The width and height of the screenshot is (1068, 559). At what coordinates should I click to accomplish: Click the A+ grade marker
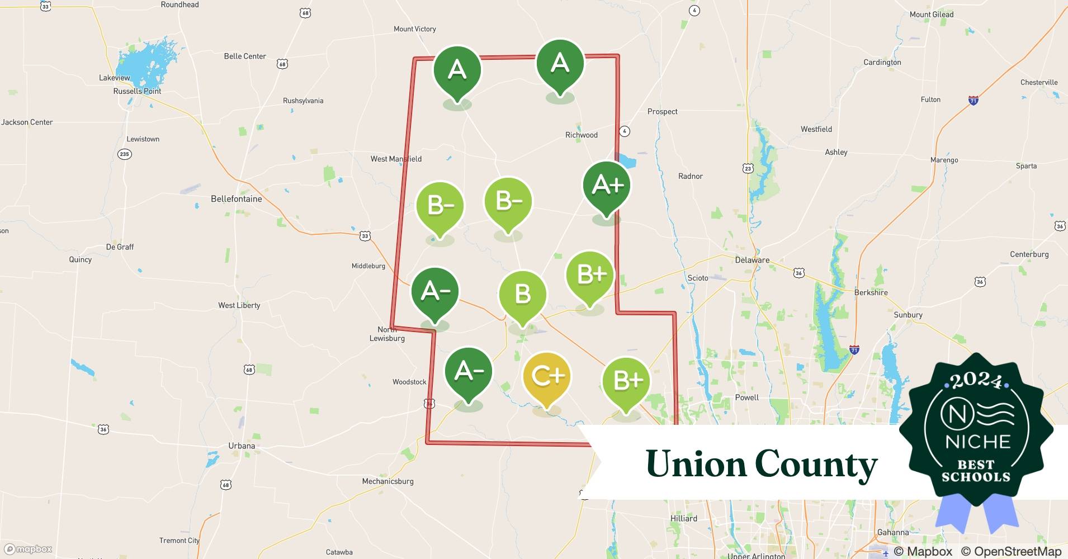click(607, 186)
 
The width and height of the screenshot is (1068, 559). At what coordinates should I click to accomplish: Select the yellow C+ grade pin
click(547, 377)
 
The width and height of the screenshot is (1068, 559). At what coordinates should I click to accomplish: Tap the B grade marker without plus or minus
click(522, 293)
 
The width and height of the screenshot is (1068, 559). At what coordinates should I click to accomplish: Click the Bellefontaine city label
click(236, 199)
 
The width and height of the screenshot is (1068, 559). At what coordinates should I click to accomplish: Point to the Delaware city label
click(752, 260)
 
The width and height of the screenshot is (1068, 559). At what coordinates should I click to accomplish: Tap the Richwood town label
click(581, 135)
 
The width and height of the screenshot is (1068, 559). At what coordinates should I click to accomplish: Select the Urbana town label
click(242, 446)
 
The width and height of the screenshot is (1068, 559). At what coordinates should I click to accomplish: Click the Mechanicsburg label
click(387, 481)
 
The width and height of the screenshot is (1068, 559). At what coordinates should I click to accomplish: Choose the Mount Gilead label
click(932, 15)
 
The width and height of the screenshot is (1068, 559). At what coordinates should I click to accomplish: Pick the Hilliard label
click(683, 519)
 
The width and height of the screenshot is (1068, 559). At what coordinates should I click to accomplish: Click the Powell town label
click(746, 397)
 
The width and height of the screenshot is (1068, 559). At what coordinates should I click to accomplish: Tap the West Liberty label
click(239, 305)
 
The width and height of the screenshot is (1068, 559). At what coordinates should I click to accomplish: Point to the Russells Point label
click(137, 91)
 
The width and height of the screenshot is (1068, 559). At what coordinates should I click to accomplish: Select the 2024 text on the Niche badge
click(976, 381)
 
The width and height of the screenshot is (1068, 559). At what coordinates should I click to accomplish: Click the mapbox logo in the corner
click(29, 549)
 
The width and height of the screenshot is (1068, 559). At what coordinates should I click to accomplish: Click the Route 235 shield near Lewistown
click(124, 154)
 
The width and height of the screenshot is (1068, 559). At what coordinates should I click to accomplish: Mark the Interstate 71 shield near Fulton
click(974, 101)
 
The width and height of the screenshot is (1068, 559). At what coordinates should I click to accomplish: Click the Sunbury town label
click(908, 315)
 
